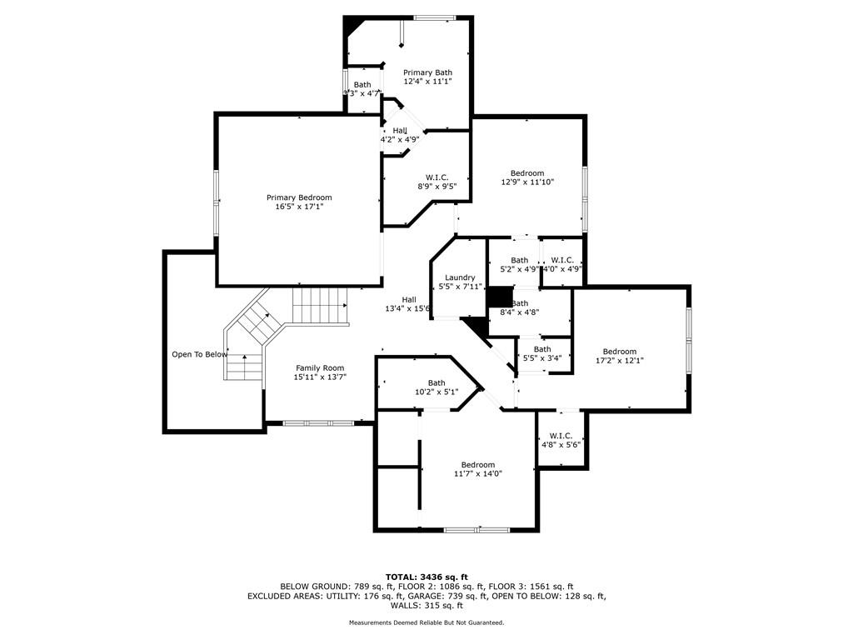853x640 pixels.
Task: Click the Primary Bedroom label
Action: pos(299,197)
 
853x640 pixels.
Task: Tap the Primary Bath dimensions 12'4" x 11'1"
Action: pos(427,82)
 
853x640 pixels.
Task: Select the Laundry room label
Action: pos(460,277)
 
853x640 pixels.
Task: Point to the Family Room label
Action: pos(320,367)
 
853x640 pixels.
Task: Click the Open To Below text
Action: pos(199,354)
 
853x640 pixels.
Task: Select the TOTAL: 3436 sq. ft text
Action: pos(426,577)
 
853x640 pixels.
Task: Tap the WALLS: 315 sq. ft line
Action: pos(426,606)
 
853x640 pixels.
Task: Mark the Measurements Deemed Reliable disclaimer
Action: pos(426,622)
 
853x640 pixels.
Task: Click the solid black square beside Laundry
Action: pos(499,297)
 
